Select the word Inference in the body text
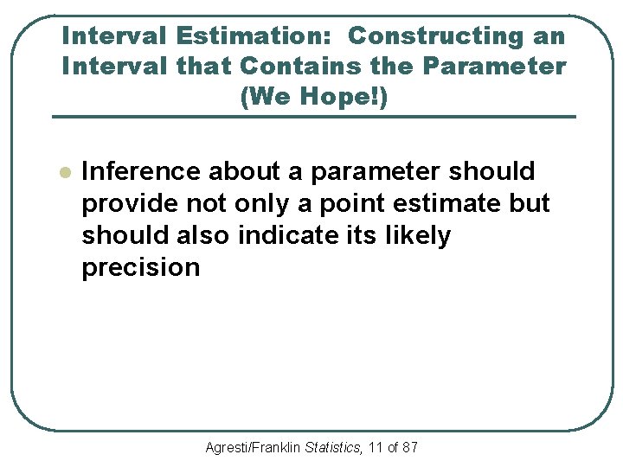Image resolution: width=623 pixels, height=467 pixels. pyautogui.click(x=137, y=171)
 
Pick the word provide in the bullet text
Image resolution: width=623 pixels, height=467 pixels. pyautogui.click(x=128, y=203)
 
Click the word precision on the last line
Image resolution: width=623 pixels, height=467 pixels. pyautogui.click(x=140, y=267)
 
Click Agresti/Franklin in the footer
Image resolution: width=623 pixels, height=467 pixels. pyautogui.click(x=254, y=447)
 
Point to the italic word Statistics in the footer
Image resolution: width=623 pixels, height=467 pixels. pyautogui.click(x=333, y=447)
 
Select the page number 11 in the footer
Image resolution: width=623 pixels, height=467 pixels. pyautogui.click(x=376, y=447)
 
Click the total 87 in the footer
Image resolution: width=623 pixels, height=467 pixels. pyautogui.click(x=409, y=447)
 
